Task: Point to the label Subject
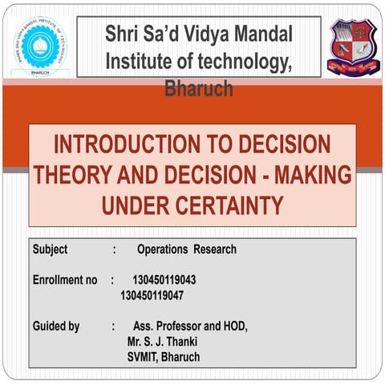pyautogui.click(x=51, y=249)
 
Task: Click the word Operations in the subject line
pyautogui.click(x=161, y=249)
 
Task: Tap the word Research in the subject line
pyautogui.click(x=215, y=249)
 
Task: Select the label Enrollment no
pyautogui.click(x=64, y=280)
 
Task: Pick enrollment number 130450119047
pyautogui.click(x=152, y=294)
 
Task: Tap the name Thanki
pyautogui.click(x=178, y=341)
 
